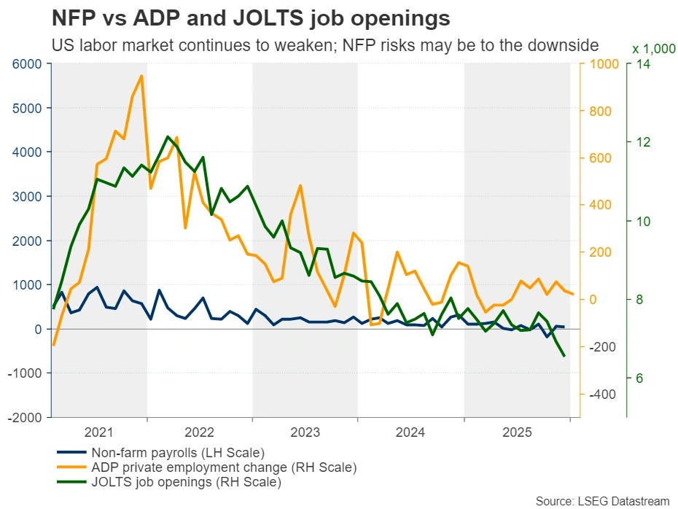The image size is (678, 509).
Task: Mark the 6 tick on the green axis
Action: (x=638, y=378)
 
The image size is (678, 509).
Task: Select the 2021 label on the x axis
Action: (x=99, y=432)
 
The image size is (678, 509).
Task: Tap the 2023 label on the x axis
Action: (x=305, y=432)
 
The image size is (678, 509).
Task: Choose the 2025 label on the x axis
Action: (x=516, y=432)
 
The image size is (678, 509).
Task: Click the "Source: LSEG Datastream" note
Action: (x=602, y=500)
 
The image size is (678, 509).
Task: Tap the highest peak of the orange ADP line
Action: (x=141, y=75)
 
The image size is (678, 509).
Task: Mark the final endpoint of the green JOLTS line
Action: (x=564, y=356)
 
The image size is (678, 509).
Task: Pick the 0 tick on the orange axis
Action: (x=591, y=300)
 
